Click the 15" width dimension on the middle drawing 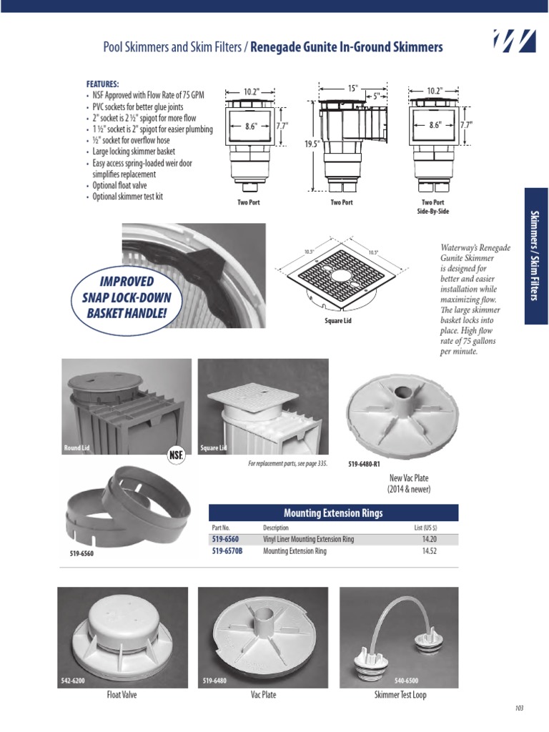[352, 88]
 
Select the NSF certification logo [176, 455]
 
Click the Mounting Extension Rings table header [333, 513]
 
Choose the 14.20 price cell [430, 539]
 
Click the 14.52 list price [430, 551]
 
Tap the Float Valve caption [122, 694]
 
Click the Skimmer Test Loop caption [400, 694]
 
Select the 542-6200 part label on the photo [73, 681]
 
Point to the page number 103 [519, 708]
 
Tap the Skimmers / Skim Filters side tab [536, 256]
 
